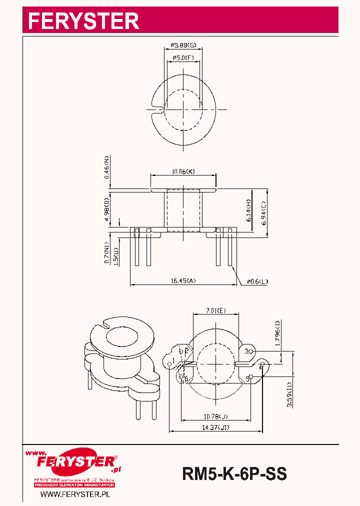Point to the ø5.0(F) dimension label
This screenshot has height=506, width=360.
click(183, 58)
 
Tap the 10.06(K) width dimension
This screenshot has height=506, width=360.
click(183, 171)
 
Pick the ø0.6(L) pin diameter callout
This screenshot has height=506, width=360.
click(257, 281)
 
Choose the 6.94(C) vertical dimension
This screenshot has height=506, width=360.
click(264, 209)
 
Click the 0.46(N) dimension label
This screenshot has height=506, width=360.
click(106, 167)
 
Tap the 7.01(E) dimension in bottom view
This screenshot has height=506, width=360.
click(216, 310)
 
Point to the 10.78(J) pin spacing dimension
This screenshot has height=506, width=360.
click(216, 416)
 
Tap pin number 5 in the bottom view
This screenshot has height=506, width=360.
click(247, 379)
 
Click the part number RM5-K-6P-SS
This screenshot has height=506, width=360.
click(234, 473)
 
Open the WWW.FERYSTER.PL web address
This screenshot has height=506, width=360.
click(75, 494)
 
